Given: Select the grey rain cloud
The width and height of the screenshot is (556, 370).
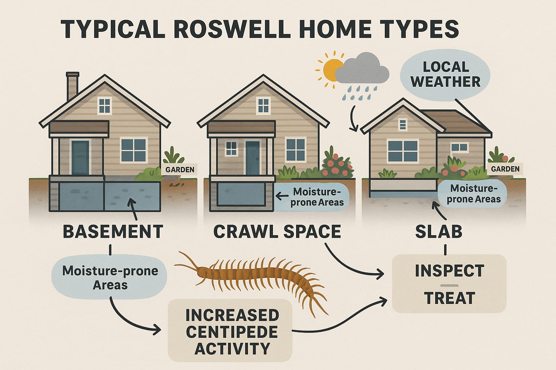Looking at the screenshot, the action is (x=362, y=69).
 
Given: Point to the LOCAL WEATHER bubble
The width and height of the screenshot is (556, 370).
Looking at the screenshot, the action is (x=445, y=74).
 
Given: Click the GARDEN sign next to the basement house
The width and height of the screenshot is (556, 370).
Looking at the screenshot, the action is (x=180, y=169).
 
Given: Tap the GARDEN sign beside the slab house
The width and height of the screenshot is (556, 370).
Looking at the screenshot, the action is (x=505, y=169).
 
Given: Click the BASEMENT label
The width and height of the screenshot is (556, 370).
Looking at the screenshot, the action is (x=113, y=232).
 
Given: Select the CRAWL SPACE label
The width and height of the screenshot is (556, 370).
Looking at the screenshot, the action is (x=277, y=232).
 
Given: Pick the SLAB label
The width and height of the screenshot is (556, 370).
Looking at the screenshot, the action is (x=439, y=232).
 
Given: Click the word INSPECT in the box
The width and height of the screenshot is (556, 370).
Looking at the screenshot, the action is (x=449, y=271).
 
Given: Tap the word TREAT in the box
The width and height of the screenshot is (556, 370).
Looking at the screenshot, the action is (x=449, y=298).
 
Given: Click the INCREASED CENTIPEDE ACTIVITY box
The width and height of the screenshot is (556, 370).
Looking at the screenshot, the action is (x=230, y=331).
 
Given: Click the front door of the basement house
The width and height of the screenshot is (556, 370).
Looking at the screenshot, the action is (x=80, y=158).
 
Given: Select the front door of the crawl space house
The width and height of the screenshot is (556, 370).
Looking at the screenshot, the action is (x=252, y=158).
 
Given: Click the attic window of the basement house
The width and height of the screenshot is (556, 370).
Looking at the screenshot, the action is (x=105, y=106).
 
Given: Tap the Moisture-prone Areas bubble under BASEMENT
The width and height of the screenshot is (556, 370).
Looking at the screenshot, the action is (x=110, y=277).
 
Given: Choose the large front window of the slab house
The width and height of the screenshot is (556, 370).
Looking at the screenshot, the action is (x=403, y=151).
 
